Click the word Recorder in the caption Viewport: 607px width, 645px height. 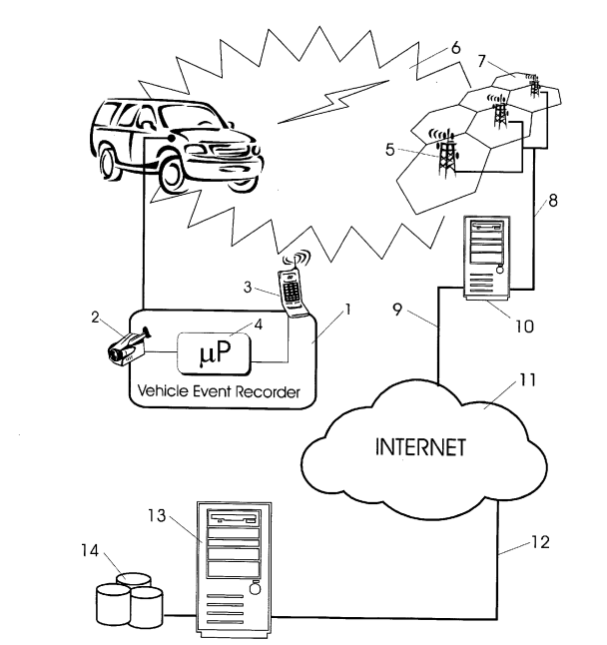[x=270, y=391]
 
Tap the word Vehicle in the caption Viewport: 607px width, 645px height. [x=162, y=391]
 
